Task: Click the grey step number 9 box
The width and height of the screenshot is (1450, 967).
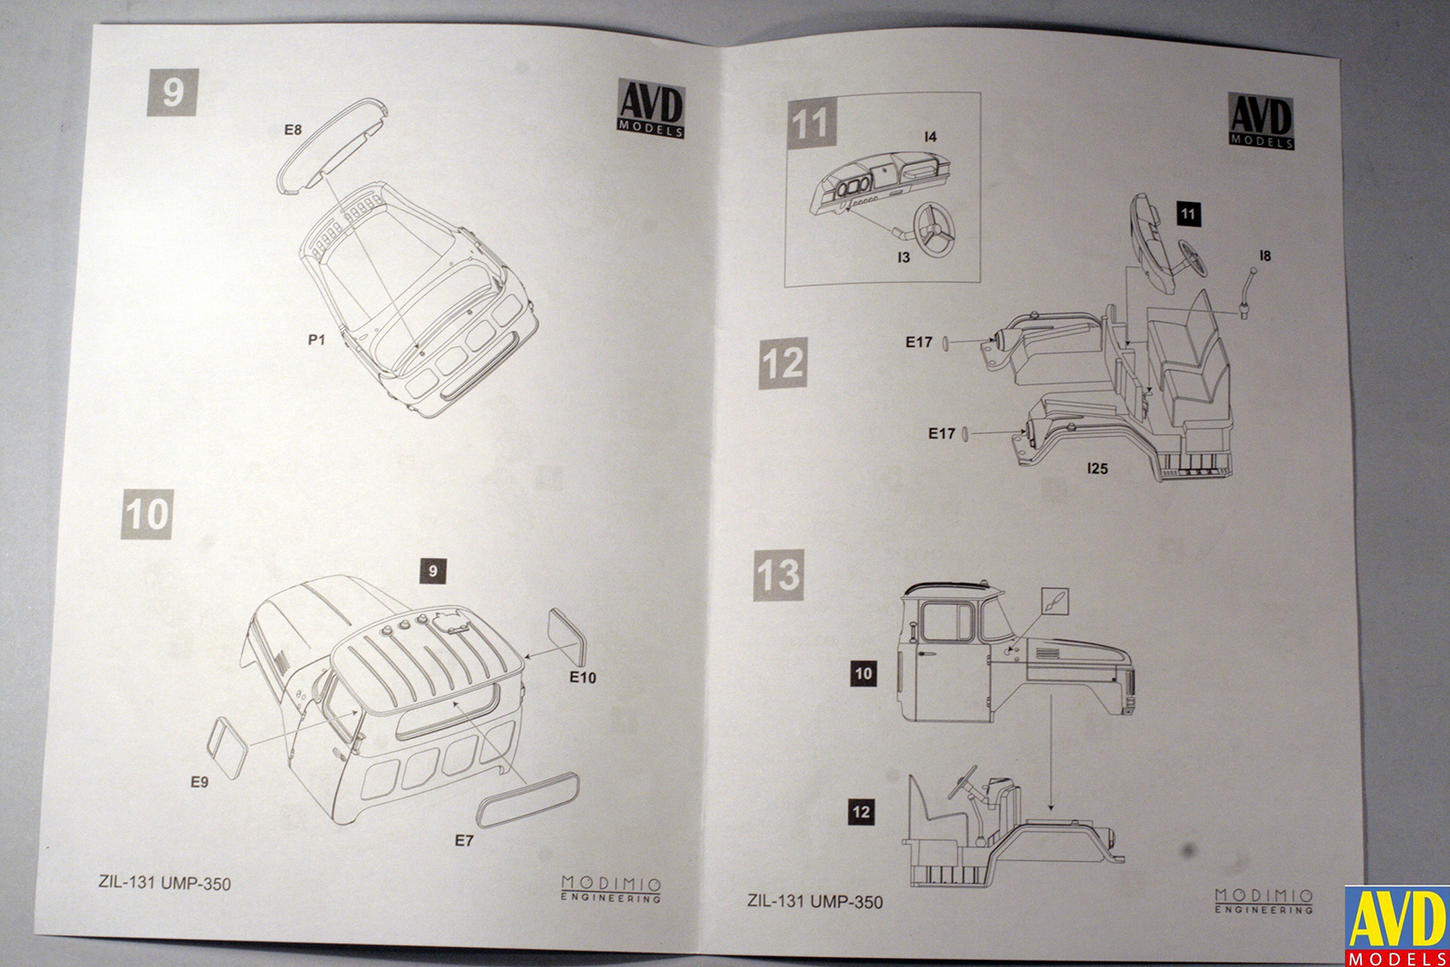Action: click(x=172, y=92)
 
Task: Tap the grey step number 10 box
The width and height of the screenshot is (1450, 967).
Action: click(x=147, y=515)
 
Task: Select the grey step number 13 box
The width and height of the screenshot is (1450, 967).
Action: click(x=778, y=575)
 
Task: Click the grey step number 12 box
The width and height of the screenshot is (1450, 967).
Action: click(x=783, y=363)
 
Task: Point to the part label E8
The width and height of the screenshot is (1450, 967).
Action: click(x=293, y=131)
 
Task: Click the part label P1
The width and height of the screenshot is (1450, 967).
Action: click(x=316, y=340)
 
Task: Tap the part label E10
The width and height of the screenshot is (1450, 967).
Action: click(x=583, y=678)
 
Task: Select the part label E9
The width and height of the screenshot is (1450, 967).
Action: click(x=199, y=782)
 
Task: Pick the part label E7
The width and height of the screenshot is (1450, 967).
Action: click(x=464, y=841)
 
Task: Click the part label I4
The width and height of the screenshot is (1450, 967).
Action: click(x=930, y=137)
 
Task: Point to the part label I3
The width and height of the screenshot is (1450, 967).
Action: click(x=903, y=258)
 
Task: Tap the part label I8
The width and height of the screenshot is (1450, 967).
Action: click(x=1265, y=256)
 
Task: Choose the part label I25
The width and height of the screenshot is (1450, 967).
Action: click(x=1097, y=469)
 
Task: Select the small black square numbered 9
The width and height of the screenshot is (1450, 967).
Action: click(x=433, y=571)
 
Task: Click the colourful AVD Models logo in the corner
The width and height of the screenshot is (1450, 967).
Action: click(x=1396, y=926)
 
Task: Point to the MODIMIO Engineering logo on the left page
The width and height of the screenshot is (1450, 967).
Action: click(x=611, y=888)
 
